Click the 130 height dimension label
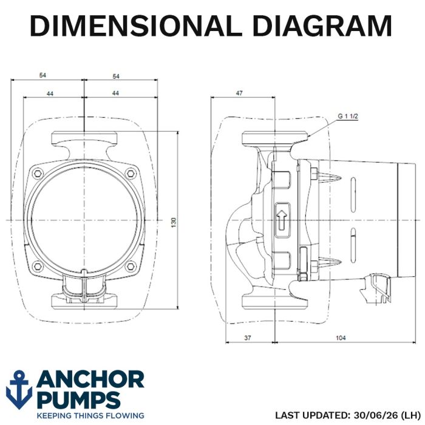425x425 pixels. point(174,222)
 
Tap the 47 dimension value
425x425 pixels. point(239,93)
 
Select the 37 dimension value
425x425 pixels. point(248,338)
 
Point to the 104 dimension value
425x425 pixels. point(341,338)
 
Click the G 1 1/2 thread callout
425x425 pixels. point(348,117)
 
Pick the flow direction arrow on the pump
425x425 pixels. point(282,220)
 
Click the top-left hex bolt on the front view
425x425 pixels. point(38,173)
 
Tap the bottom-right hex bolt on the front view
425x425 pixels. point(131,266)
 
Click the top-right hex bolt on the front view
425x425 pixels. point(131,173)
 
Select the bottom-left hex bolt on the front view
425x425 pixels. point(38,266)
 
